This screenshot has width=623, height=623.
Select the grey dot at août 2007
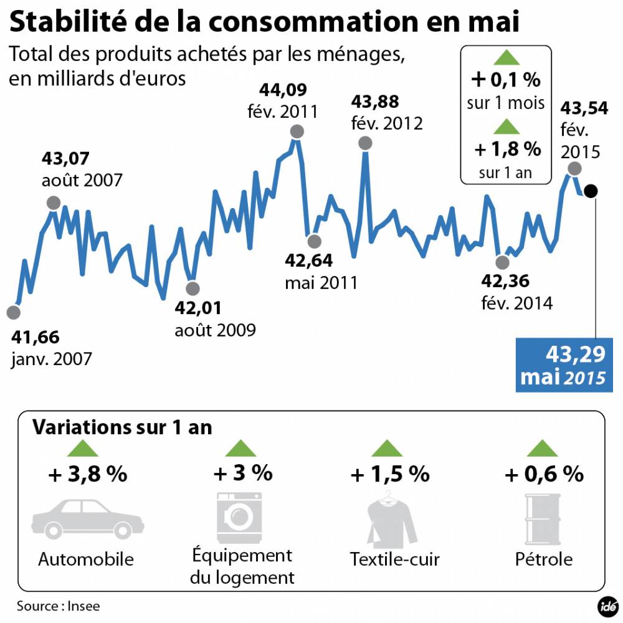click(x=54, y=203)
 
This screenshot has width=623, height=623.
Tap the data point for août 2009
click(x=193, y=288)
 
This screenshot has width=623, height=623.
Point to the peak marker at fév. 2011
click(x=297, y=131)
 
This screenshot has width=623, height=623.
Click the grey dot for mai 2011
click(x=314, y=241)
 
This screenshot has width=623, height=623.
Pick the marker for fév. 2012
click(x=366, y=143)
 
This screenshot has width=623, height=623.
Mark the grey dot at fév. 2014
click(x=500, y=262)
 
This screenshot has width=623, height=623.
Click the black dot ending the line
click(x=591, y=191)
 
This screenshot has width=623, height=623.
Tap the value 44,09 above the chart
click(x=283, y=91)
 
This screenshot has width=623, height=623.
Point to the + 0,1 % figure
click(x=505, y=80)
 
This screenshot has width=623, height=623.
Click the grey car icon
click(x=87, y=518)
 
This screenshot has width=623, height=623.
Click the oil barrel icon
click(x=540, y=517)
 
